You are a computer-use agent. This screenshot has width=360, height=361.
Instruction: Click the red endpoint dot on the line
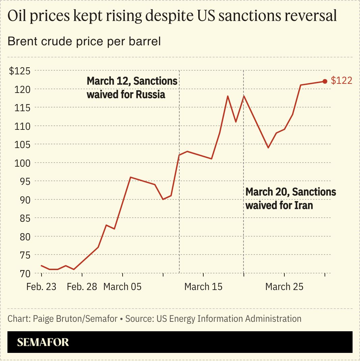click(325, 81)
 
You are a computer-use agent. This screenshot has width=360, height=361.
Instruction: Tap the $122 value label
click(341, 81)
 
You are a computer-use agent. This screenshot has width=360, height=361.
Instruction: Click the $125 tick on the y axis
click(20, 71)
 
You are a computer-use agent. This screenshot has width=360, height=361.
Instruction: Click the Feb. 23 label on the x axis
click(41, 287)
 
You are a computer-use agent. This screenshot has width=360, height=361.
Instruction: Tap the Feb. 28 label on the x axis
click(82, 287)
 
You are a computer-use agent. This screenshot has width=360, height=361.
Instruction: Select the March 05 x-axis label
click(122, 287)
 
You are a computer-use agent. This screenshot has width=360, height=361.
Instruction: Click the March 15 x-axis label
click(203, 287)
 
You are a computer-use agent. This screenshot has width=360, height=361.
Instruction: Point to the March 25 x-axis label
click(284, 287)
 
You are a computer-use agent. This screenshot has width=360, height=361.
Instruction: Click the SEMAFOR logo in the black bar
click(43, 342)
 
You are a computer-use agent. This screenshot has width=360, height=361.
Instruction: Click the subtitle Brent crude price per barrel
click(84, 42)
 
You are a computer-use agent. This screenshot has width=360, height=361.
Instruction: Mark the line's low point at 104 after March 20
click(268, 148)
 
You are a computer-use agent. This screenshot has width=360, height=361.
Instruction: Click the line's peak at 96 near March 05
click(130, 177)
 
